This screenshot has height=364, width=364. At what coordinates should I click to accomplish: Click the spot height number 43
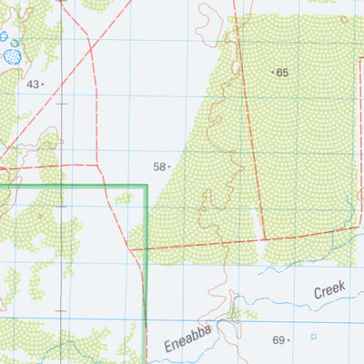(33, 84)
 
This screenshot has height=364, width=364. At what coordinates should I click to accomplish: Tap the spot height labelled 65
(282, 72)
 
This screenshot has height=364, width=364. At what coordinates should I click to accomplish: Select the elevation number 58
(159, 167)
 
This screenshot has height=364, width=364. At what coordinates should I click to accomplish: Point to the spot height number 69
(278, 340)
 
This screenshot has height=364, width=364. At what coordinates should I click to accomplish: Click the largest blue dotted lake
(14, 56)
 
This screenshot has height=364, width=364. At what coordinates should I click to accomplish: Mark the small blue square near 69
(314, 337)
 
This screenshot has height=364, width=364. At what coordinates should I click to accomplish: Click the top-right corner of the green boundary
(146, 186)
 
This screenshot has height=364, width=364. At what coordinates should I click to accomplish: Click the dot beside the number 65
(273, 71)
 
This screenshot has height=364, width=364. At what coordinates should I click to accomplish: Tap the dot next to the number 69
(288, 341)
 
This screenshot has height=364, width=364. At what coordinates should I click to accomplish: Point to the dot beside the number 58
(169, 167)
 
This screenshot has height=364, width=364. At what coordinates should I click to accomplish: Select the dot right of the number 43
(43, 84)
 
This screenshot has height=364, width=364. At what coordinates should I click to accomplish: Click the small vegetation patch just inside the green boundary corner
(124, 197)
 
